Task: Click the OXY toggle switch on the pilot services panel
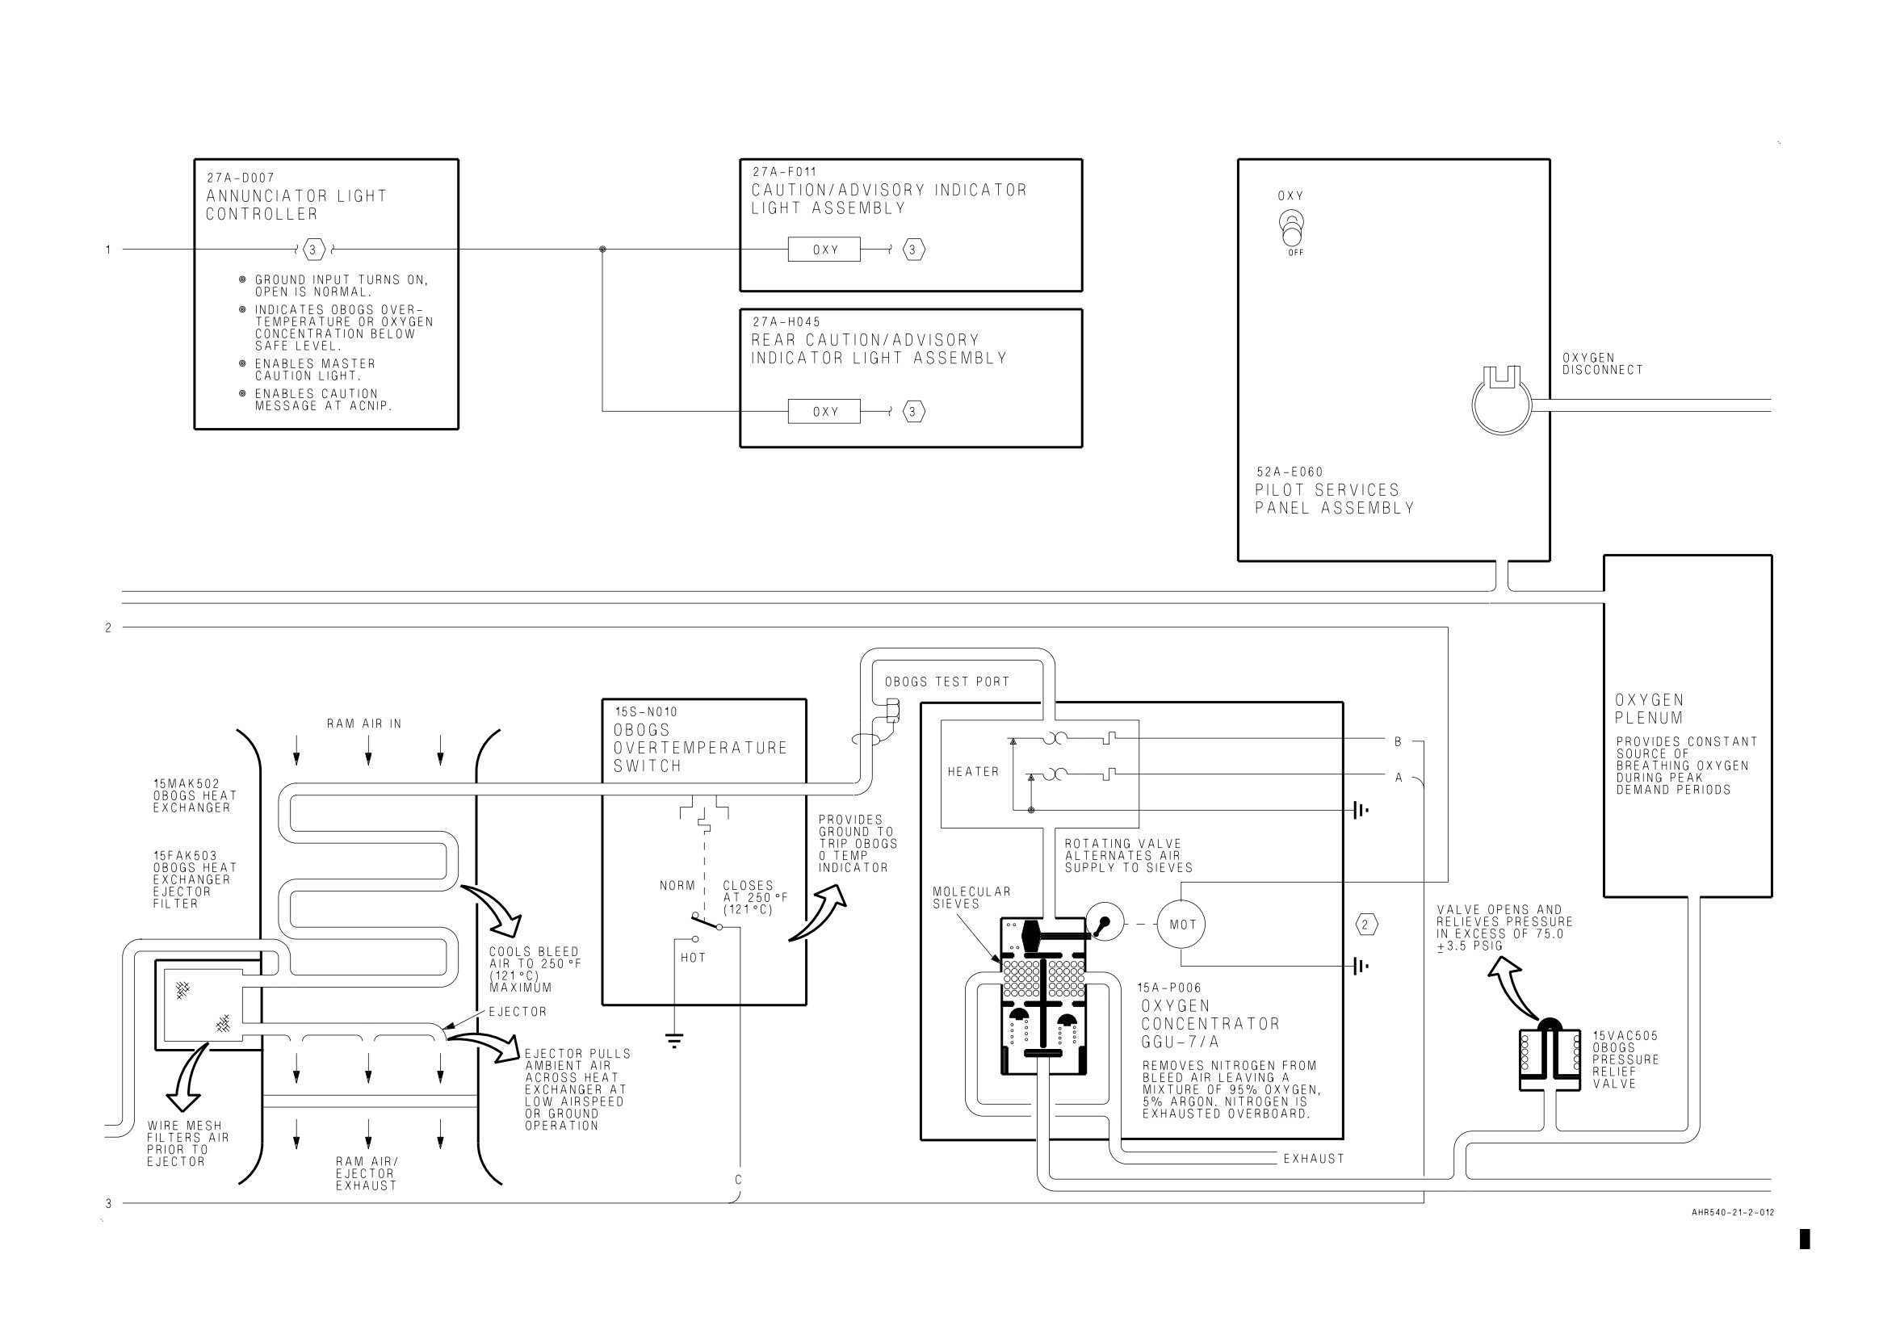pyautogui.click(x=1292, y=229)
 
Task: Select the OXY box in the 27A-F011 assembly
pyautogui.click(x=824, y=249)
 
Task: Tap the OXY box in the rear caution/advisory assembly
pyautogui.click(x=824, y=412)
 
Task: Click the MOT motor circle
pyautogui.click(x=1182, y=924)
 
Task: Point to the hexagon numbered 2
pyautogui.click(x=1365, y=925)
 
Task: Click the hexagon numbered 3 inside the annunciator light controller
pyautogui.click(x=312, y=249)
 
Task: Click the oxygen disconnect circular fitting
pyautogui.click(x=1502, y=400)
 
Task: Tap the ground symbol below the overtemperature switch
pyautogui.click(x=674, y=1041)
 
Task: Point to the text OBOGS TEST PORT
pyautogui.click(x=947, y=682)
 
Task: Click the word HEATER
pyautogui.click(x=973, y=771)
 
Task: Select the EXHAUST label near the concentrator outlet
pyautogui.click(x=1314, y=1158)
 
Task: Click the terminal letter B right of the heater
pyautogui.click(x=1398, y=742)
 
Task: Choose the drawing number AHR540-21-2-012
pyautogui.click(x=1733, y=1212)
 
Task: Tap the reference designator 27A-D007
pyautogui.click(x=241, y=178)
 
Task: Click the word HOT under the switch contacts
pyautogui.click(x=693, y=958)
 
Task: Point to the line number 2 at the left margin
pyautogui.click(x=108, y=627)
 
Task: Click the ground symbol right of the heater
pyautogui.click(x=1360, y=810)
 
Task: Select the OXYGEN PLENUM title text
pyautogui.click(x=1649, y=709)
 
